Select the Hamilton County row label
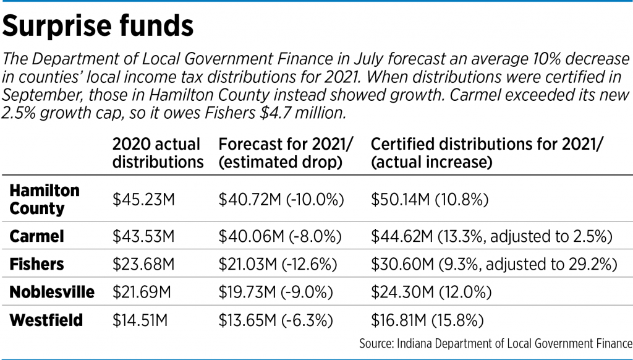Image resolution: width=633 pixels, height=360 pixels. point(45,199)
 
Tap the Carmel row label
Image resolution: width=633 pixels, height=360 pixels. point(37,236)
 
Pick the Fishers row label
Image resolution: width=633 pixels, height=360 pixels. point(36,264)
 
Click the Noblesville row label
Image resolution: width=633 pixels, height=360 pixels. point(52,292)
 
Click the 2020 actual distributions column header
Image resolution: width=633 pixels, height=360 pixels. point(158,153)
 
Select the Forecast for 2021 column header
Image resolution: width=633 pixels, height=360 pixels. point(286,153)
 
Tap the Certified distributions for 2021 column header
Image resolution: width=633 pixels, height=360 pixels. point(486,153)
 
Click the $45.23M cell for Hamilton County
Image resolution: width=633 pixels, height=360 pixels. point(144,200)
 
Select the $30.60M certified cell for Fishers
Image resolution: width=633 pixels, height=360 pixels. point(493,264)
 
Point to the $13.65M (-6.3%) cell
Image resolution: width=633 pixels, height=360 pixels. point(276,320)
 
